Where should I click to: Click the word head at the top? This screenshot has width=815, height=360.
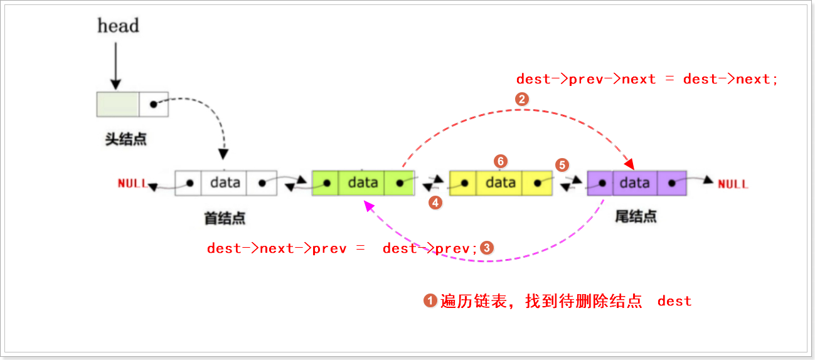pos(118,26)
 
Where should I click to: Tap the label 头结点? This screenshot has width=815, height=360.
pos(125,139)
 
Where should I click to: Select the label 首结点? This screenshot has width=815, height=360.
pos(224,218)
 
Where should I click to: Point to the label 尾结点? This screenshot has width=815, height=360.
pos(635,217)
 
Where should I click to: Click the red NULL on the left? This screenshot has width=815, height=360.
pos(132,184)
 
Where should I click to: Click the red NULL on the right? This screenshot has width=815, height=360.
pos(732,184)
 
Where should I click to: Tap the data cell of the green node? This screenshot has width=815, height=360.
pos(363,183)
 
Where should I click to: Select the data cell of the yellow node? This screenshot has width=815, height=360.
pos(500,183)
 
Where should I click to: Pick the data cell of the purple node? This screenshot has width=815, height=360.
pos(634,183)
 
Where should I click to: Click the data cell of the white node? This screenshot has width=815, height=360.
pos(225,183)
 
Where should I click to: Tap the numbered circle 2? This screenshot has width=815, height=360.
pos(520,98)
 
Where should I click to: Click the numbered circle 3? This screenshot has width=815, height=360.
pos(487,248)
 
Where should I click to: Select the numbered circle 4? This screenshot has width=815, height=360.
pos(435,203)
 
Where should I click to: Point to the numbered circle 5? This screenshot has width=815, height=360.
pos(562,165)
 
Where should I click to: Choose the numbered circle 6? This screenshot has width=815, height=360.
pos(500,161)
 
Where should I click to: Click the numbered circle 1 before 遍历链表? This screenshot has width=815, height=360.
pos(430,301)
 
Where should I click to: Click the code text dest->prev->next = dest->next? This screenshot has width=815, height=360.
pos(647,79)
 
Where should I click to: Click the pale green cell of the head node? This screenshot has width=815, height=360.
pos(117,104)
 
